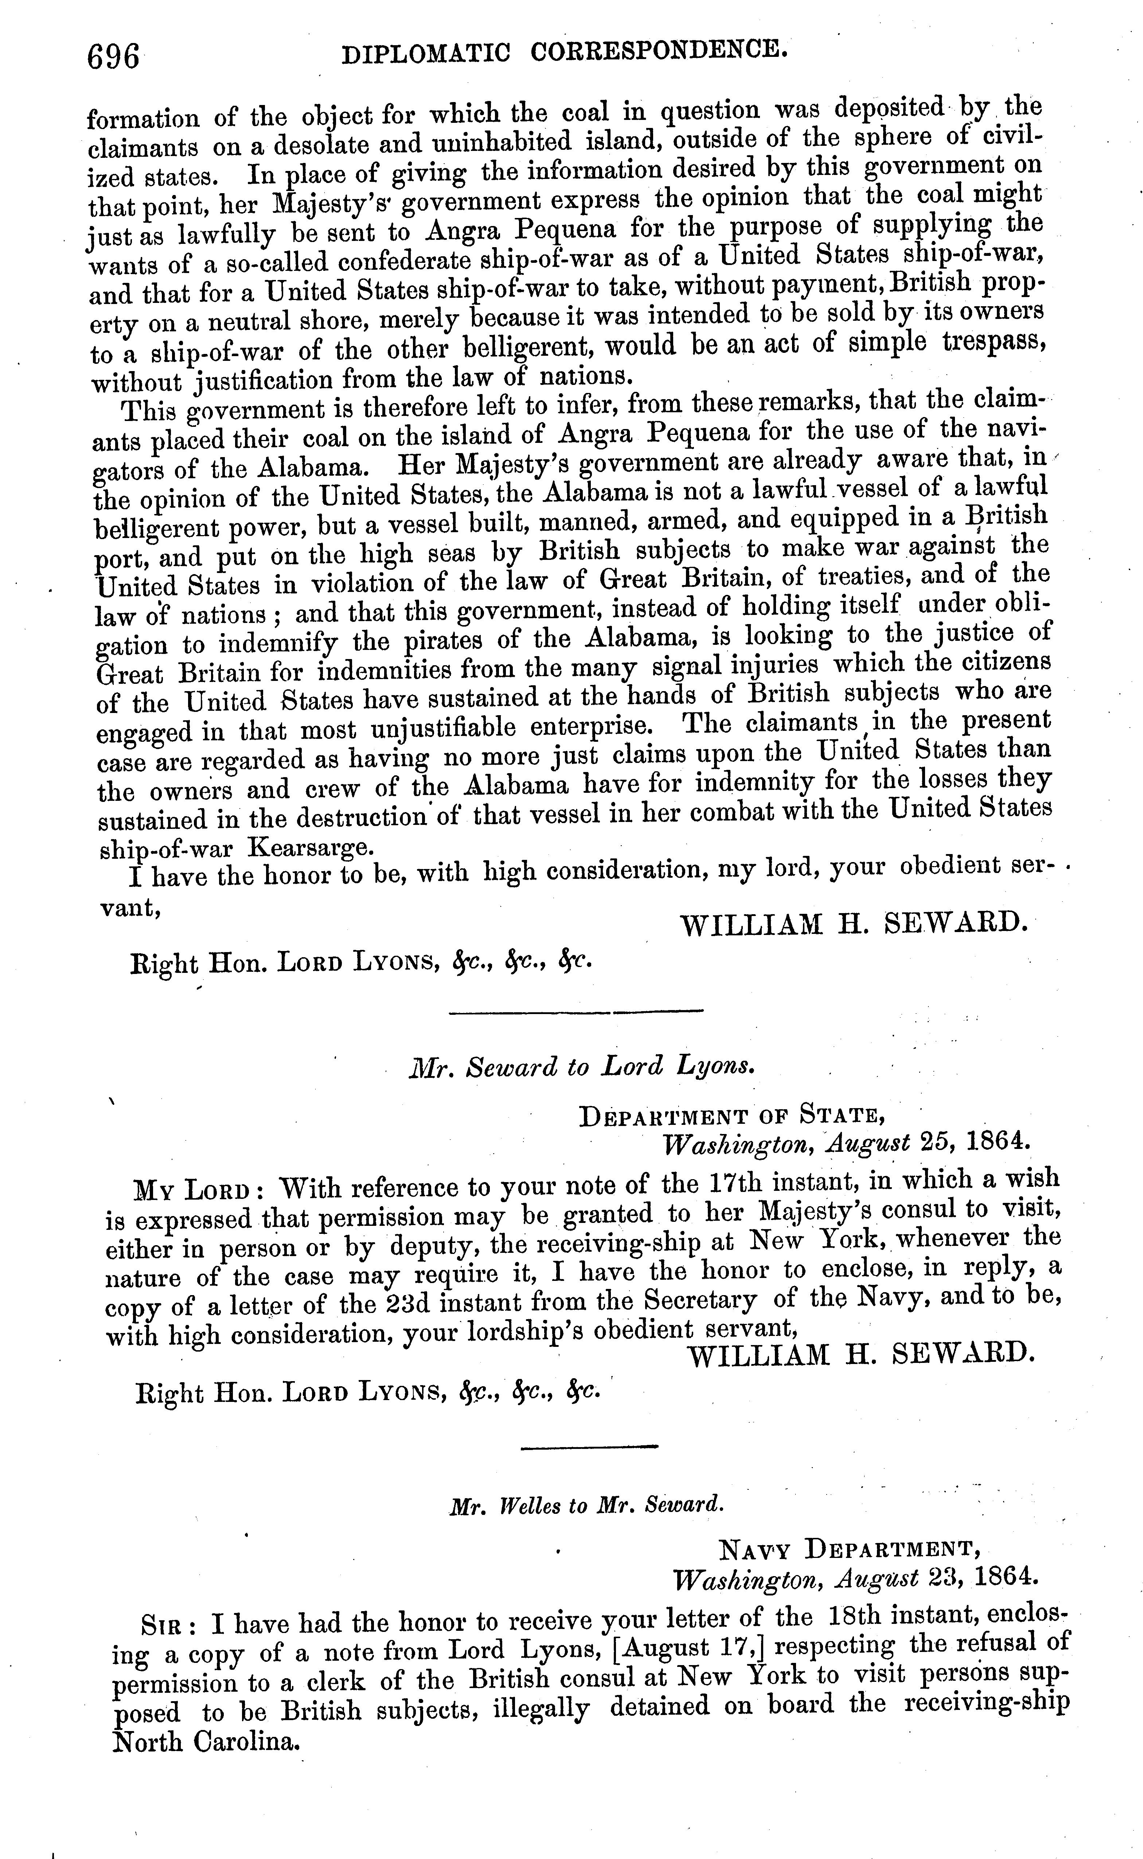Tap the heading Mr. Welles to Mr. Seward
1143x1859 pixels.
586,1505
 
